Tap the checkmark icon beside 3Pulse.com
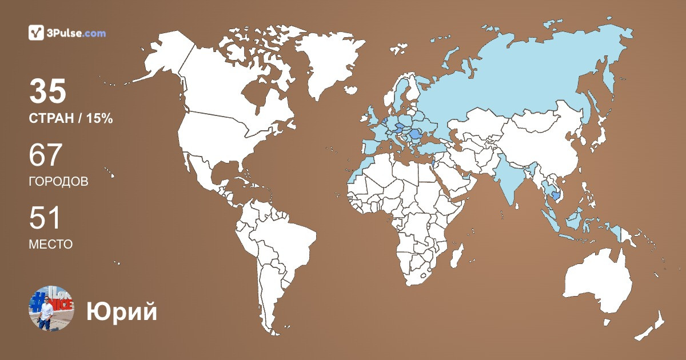[36, 33]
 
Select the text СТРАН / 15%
[71, 119]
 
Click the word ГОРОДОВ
[58, 182]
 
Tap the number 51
[45, 219]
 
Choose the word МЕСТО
[50, 245]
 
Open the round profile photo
[51, 308]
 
